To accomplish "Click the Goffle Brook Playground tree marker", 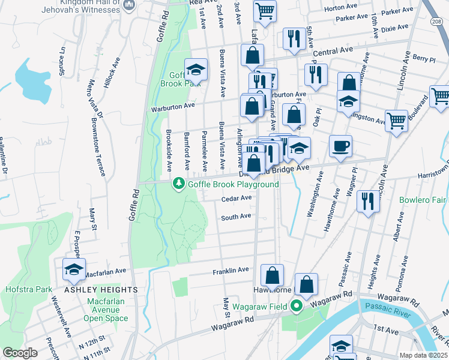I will coord(178,184).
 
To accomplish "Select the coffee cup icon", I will coord(341,146).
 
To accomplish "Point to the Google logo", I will coord(19,353).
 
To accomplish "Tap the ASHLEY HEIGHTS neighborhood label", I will coord(100,290).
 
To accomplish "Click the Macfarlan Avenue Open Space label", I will coord(107,310).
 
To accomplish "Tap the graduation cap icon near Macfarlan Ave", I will coord(74,269).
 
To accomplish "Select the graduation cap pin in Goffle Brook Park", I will coord(196,70).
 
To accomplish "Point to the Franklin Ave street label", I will coord(231,271).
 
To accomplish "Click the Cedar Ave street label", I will coord(237,198).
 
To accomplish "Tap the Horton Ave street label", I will coord(339,8).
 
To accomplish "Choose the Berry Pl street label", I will coord(424,59).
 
